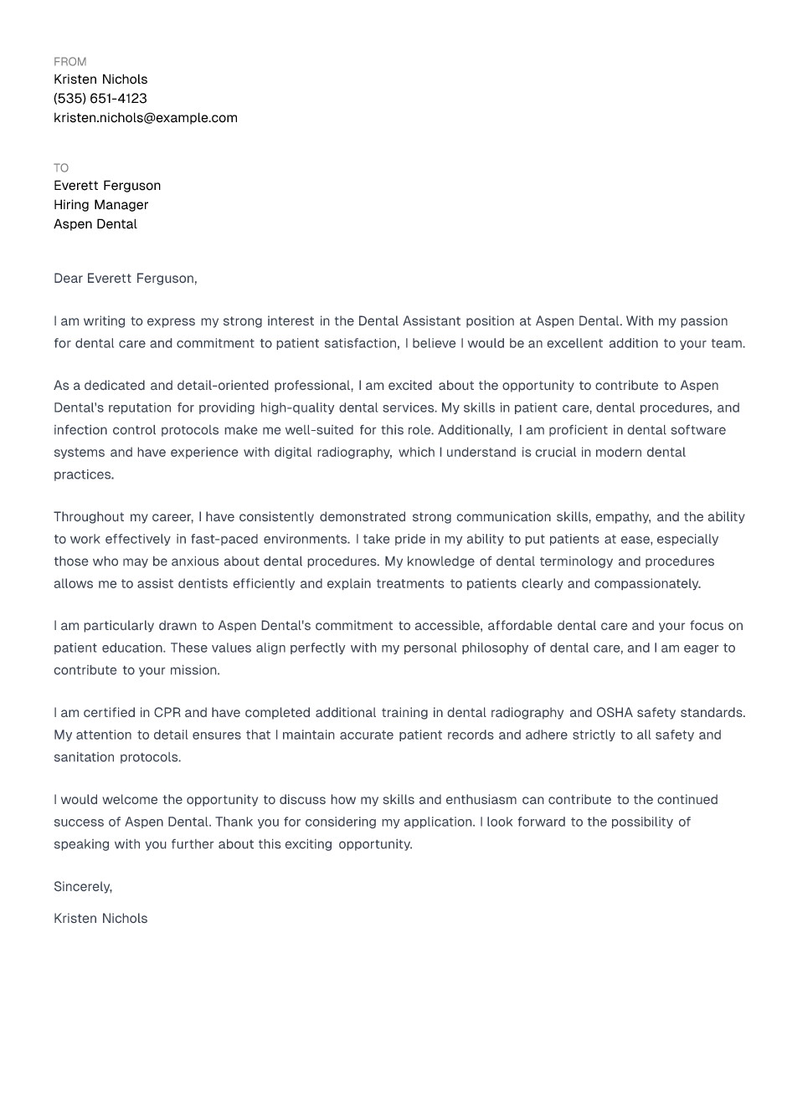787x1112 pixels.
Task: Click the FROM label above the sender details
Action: [x=69, y=62]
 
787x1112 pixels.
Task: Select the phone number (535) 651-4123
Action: [x=100, y=99]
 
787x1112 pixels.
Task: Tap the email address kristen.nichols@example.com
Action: [x=146, y=118]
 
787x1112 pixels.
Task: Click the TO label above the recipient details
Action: [x=61, y=168]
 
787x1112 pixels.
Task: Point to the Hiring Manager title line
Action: [x=100, y=205]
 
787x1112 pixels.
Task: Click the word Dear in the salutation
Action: [x=68, y=279]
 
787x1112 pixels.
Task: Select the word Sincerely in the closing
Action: [x=82, y=887]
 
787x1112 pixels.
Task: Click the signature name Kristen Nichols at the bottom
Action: [x=100, y=919]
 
